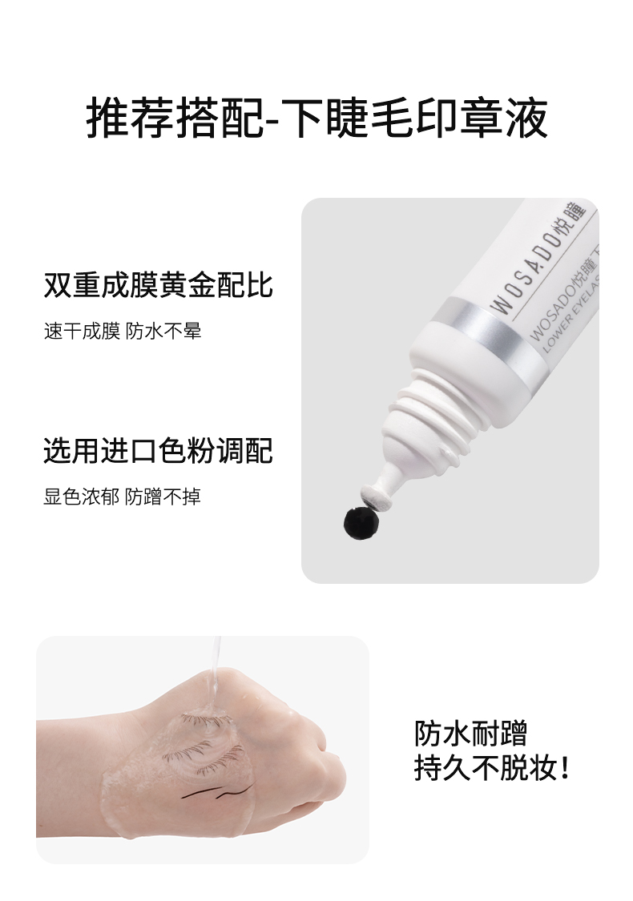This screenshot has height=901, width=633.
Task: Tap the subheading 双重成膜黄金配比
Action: pos(158,285)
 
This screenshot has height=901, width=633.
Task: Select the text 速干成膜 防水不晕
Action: pos(123,331)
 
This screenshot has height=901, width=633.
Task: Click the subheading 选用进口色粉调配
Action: pos(158,450)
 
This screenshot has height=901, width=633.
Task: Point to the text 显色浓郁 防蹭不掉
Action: pos(123,497)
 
